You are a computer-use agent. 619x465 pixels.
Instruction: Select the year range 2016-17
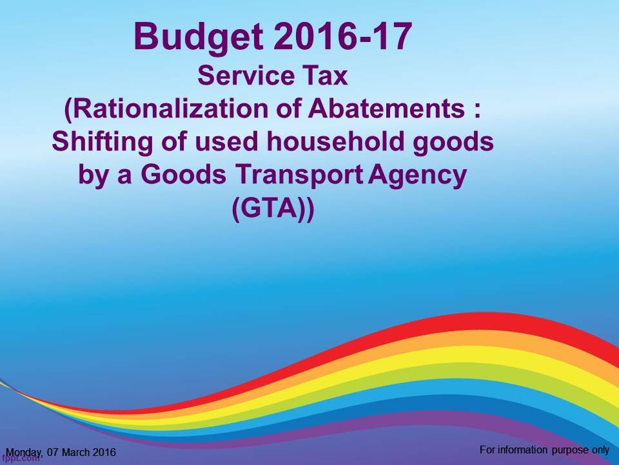click(342, 36)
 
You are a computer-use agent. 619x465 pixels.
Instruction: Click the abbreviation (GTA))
click(273, 210)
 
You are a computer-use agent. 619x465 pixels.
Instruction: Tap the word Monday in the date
click(23, 452)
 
